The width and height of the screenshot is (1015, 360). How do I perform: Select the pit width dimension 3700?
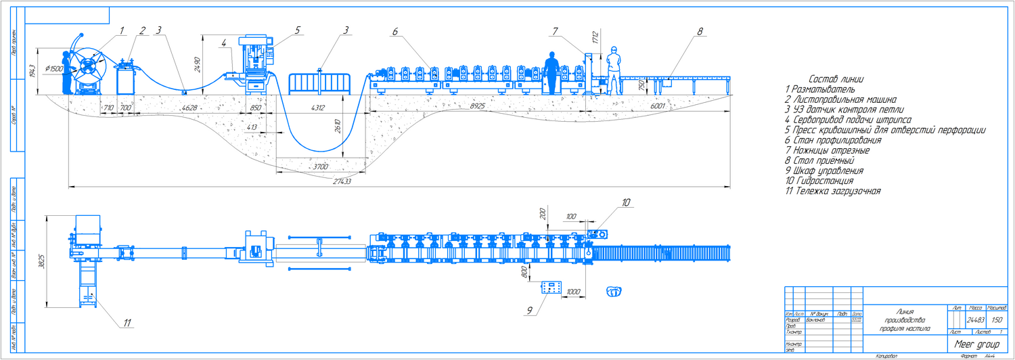(321, 165)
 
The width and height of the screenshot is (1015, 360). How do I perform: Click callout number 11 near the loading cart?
(127, 323)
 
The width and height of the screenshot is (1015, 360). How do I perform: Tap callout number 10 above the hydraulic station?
(626, 202)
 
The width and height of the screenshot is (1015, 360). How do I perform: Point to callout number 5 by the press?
(297, 30)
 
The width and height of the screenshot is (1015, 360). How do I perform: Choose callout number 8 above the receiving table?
(700, 30)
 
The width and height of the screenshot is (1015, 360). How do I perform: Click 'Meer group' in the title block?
(976, 344)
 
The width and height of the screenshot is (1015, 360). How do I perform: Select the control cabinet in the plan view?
(552, 288)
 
